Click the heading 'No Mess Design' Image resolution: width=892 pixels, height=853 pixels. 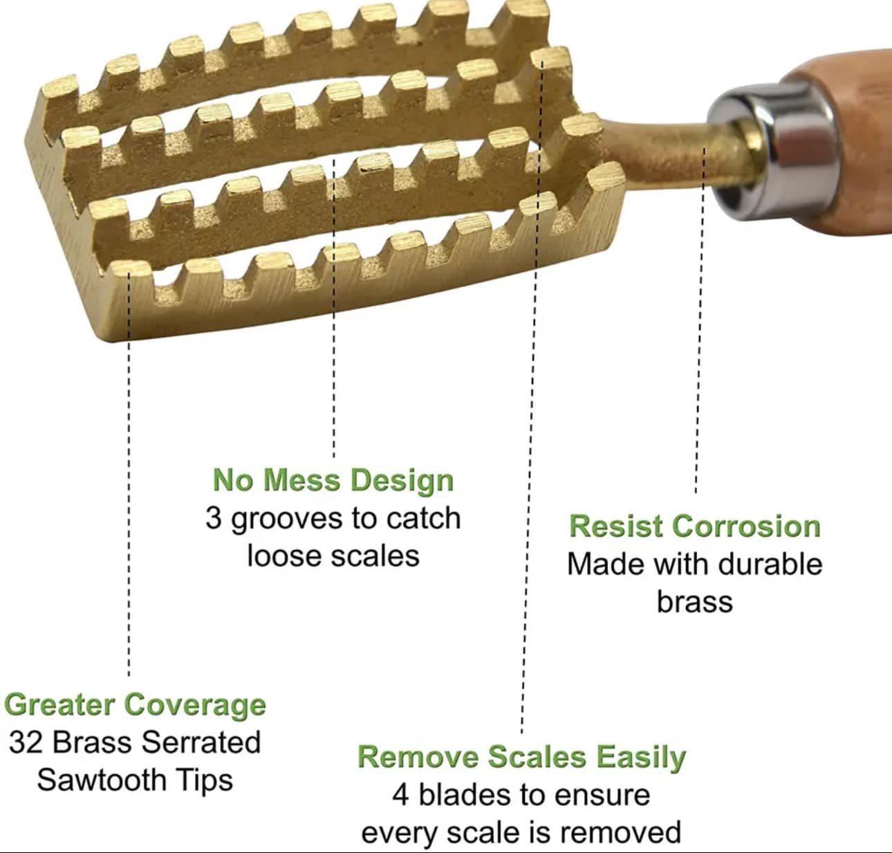coord(333,480)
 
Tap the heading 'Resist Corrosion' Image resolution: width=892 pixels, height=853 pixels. coord(694,526)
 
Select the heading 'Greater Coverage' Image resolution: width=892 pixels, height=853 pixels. coord(135,705)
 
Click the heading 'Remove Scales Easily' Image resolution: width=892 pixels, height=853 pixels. coord(521,757)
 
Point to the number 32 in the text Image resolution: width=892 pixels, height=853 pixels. coord(27,742)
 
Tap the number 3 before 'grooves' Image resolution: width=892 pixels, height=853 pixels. coord(214,519)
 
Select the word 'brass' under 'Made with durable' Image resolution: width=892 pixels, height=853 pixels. coord(694,601)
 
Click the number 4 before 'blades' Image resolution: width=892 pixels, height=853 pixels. coord(400,795)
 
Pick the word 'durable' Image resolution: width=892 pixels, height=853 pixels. coord(773,564)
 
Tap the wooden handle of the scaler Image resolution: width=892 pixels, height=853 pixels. coord(857,138)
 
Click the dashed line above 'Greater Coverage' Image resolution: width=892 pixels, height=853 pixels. coord(129,519)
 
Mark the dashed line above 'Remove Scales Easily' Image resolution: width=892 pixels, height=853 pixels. coord(528,484)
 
